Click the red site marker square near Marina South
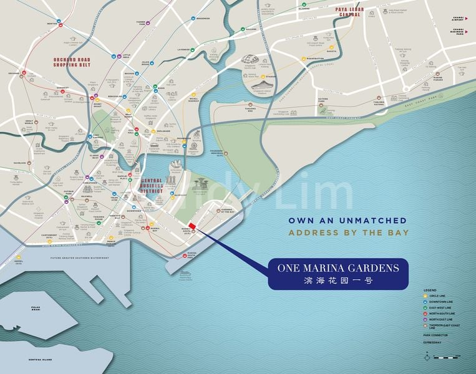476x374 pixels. [x=192, y=226]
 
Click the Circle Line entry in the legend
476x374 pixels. [x=439, y=295]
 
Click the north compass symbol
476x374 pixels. [x=427, y=356]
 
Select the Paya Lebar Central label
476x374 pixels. [x=348, y=12]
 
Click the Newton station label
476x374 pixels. [x=52, y=23]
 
